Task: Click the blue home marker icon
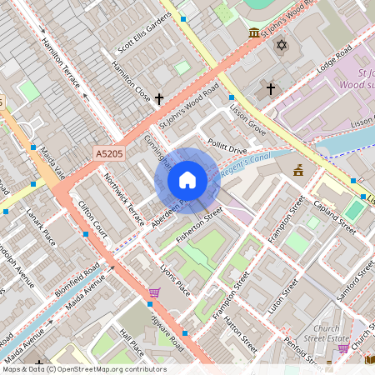(x=187, y=180)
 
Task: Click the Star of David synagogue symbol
(x=281, y=43)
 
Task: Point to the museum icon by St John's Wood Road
(x=253, y=32)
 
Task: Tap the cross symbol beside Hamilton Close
(x=158, y=98)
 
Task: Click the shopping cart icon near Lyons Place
(x=154, y=292)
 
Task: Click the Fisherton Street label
(x=199, y=226)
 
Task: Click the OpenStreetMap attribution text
(x=83, y=369)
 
